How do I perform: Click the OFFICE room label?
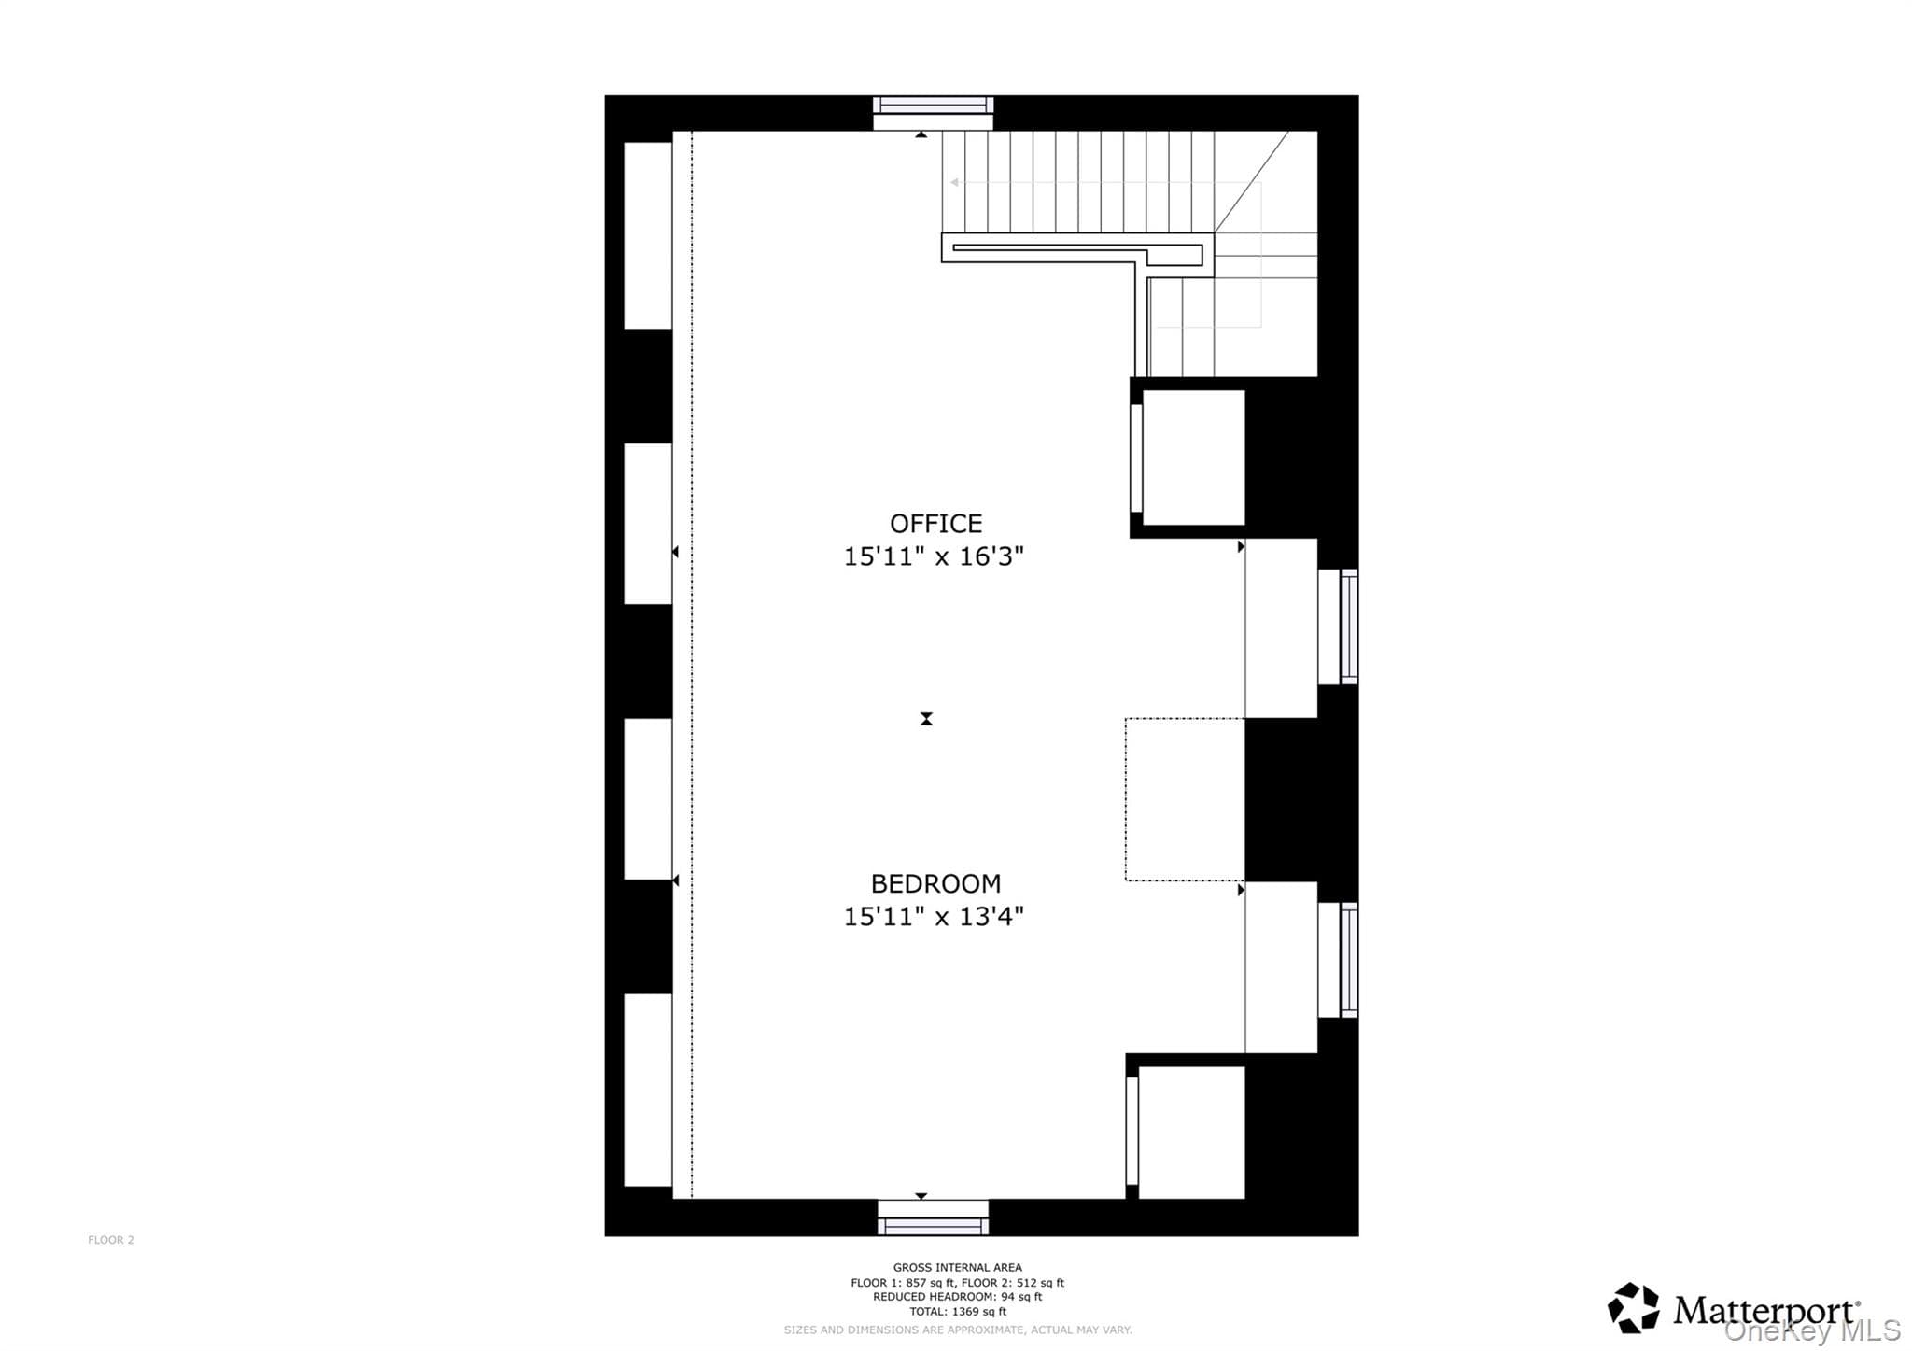935,523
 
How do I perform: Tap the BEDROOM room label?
935,883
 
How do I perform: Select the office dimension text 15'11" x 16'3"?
934,556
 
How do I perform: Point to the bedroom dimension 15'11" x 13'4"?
934,917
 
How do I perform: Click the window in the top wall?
933,105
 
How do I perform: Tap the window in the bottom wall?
933,1226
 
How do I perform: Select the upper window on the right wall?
1349,626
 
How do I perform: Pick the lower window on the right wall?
1349,960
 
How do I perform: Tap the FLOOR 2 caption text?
111,1240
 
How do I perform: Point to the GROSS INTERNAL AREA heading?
957,1268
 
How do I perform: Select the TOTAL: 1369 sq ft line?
957,1312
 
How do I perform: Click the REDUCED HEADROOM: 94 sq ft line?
957,1297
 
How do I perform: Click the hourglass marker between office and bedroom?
926,719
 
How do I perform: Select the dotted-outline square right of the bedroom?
1185,799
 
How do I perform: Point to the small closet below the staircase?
1194,457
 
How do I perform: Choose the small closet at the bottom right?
1192,1133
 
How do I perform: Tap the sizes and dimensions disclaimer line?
957,1330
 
